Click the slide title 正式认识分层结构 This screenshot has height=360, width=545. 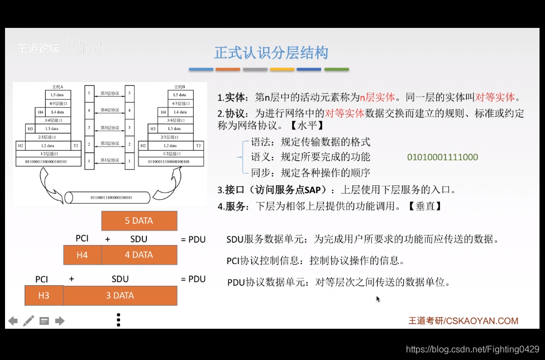click(x=271, y=53)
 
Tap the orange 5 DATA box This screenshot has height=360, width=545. click(x=139, y=221)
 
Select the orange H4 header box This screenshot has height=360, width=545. click(x=82, y=255)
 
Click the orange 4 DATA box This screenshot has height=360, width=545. click(x=139, y=255)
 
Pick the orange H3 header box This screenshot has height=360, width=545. click(x=44, y=296)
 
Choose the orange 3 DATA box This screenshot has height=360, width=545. click(x=120, y=296)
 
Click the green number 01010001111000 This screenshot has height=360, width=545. click(x=442, y=157)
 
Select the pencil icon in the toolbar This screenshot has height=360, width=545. click(x=28, y=321)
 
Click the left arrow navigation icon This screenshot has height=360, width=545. click(x=12, y=321)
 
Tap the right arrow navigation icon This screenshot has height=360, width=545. click(x=60, y=321)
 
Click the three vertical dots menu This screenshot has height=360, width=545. click(x=118, y=320)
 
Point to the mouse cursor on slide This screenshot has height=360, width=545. click(x=378, y=299)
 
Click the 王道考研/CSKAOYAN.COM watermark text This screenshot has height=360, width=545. click(x=463, y=321)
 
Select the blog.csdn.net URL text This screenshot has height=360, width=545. click(x=472, y=349)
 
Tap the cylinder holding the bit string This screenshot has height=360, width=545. click(x=108, y=197)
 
